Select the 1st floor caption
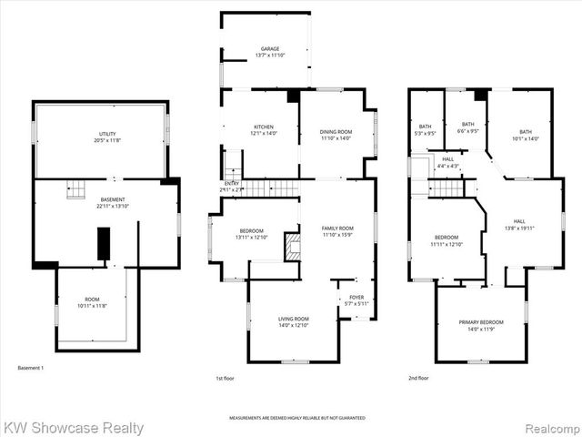[x=225, y=378]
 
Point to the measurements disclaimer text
[x=297, y=418]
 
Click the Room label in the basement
[x=92, y=302]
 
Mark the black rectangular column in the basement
[x=103, y=242]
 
